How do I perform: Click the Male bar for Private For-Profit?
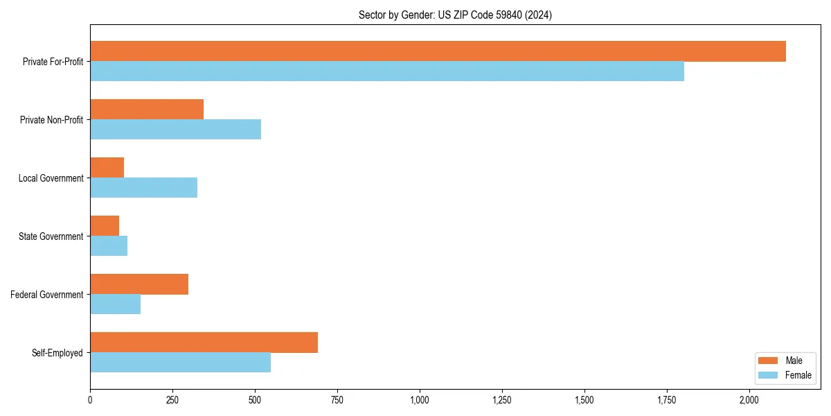[x=438, y=51]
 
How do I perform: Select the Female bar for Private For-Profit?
[x=387, y=71]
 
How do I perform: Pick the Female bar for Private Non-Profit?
[x=175, y=130]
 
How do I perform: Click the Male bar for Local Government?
[x=107, y=168]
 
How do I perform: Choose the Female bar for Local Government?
[x=143, y=188]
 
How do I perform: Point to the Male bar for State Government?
[x=105, y=226]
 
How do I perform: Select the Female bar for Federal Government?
[x=115, y=304]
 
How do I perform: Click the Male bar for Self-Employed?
[x=204, y=343]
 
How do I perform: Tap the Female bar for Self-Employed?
[x=180, y=363]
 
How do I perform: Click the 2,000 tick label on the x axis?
[x=749, y=400]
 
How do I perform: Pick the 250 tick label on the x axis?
[x=172, y=400]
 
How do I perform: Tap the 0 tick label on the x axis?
[x=90, y=400]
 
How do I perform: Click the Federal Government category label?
[x=47, y=295]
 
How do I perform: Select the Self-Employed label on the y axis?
[x=57, y=353]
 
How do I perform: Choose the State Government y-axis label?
[x=51, y=236]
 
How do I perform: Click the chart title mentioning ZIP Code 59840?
[x=455, y=15]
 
